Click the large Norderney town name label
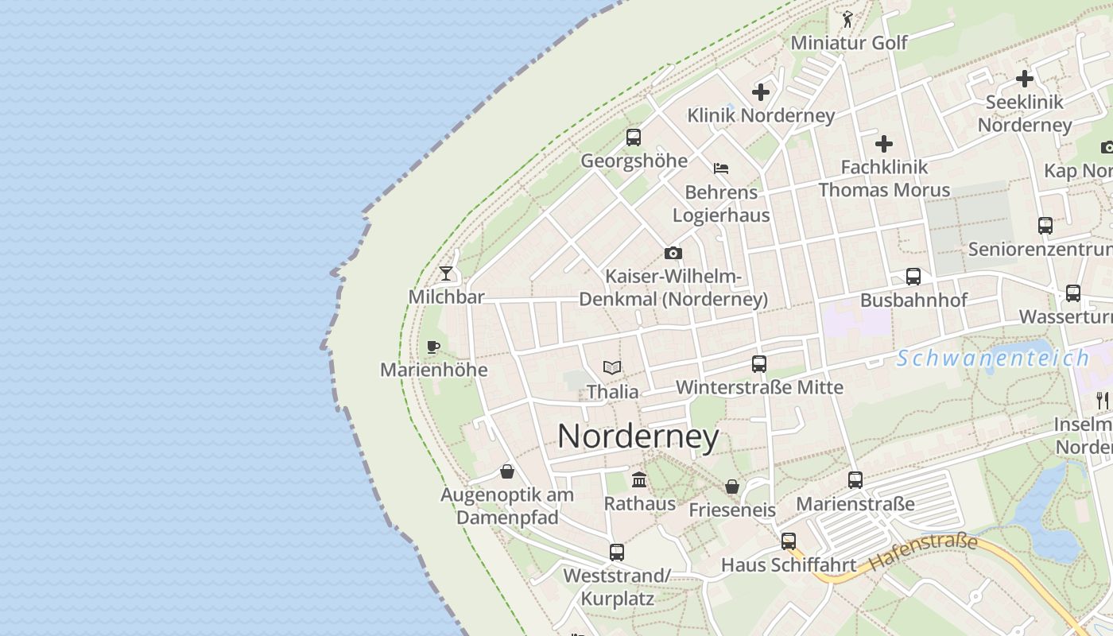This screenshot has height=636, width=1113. click(638, 436)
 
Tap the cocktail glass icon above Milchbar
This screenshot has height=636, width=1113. click(446, 273)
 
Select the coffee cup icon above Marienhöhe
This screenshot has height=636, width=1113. click(432, 347)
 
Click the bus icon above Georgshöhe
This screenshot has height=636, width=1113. click(633, 138)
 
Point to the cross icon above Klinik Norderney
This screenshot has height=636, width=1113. click(761, 92)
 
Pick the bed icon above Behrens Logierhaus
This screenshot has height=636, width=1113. click(721, 169)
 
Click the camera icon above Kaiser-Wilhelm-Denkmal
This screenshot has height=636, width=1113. click(673, 254)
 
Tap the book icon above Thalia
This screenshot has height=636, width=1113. click(611, 367)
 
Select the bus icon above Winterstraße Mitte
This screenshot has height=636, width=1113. click(759, 364)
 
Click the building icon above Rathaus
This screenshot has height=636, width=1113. click(638, 479)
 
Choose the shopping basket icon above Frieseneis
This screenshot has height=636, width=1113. click(732, 487)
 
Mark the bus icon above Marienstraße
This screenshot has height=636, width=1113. click(855, 480)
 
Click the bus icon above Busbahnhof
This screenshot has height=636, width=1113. click(913, 277)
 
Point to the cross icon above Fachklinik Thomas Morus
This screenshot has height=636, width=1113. click(884, 144)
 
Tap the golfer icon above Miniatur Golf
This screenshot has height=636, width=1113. click(848, 19)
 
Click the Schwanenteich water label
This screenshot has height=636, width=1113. click(992, 359)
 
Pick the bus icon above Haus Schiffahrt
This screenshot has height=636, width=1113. click(788, 541)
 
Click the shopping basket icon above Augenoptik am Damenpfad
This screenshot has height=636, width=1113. click(507, 472)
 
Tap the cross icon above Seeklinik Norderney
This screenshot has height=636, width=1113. click(1025, 79)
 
